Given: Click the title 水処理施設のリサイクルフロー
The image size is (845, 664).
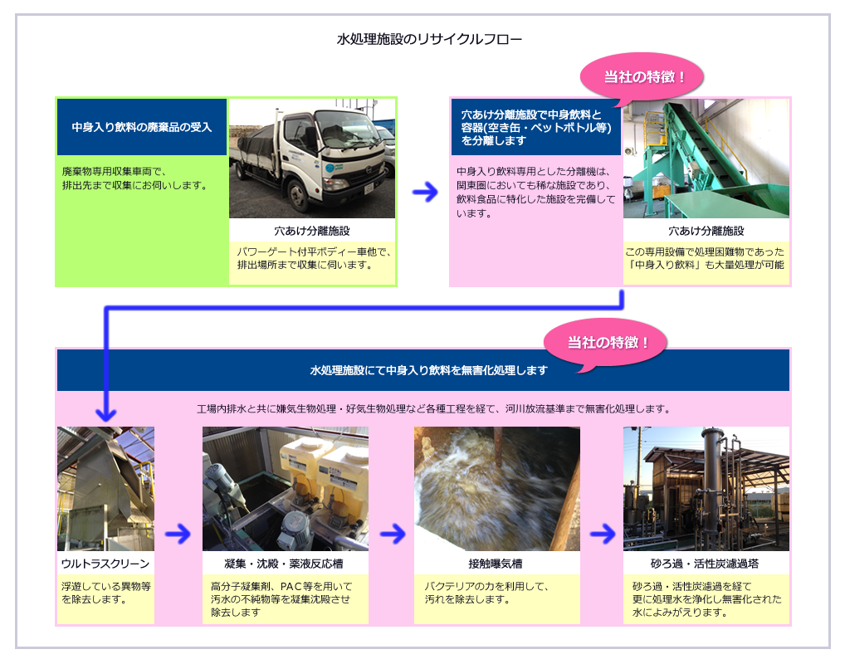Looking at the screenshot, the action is pos(429,39).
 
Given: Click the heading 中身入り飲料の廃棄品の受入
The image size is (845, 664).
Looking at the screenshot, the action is pos(142,127).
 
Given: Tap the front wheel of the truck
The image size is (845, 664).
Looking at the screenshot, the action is pos(299,194).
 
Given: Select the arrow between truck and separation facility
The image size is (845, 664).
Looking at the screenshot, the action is pos(425,192).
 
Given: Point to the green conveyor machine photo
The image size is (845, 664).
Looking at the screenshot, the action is pos(706,159).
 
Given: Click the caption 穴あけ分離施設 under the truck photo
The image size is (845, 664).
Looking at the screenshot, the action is pos(312,232).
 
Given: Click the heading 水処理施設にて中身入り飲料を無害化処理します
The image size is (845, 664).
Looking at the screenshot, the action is pos(428,370).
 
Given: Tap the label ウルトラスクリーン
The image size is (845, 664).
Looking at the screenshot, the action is pos(105,564).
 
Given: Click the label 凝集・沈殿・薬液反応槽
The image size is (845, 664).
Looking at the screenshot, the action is pos(284,564).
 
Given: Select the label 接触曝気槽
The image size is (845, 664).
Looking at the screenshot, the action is pos(496,564).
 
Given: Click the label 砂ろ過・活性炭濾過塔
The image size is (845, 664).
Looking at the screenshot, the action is pos(705,564).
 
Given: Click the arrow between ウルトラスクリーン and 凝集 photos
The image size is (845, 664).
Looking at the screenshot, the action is pos(178,535).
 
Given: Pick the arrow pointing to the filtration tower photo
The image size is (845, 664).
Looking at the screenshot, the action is pos(603,535).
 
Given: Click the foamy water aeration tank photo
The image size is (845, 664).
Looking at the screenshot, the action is pos(497,489).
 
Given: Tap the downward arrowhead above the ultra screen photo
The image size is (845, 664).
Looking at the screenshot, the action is pos(106,414).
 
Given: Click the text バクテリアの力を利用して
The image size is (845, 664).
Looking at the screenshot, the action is pos(486,586).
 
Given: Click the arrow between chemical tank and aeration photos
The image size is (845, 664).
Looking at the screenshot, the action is pos(393,535).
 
